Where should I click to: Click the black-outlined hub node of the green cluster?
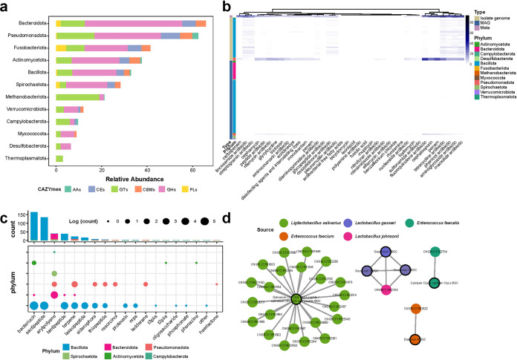pyautogui.click(x=296, y=298)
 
